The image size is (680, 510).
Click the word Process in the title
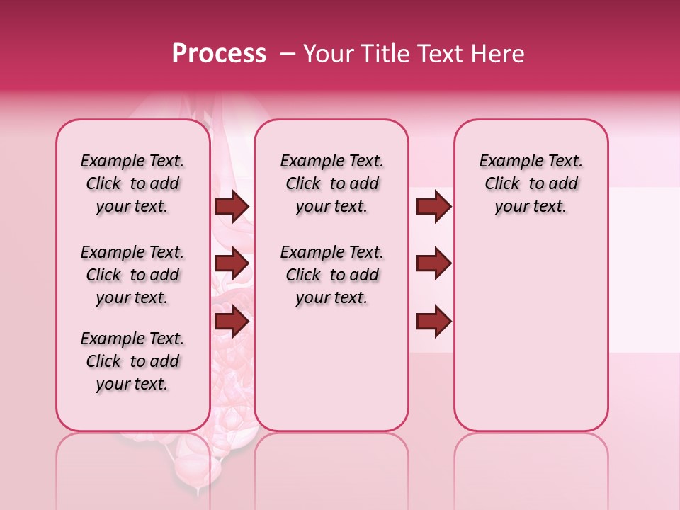(x=219, y=54)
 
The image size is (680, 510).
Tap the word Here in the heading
(x=498, y=54)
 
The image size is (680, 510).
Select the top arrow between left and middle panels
(x=232, y=207)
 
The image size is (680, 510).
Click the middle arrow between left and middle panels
(x=232, y=264)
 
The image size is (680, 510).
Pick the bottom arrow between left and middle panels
(x=232, y=321)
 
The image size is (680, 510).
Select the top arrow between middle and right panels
(x=433, y=207)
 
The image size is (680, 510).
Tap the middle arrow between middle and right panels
(x=433, y=264)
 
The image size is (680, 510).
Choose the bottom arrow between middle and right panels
(x=433, y=321)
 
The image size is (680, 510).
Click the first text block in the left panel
(x=132, y=183)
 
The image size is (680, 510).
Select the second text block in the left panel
(x=132, y=275)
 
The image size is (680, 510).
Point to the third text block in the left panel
(x=132, y=361)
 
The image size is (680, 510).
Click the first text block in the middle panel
(x=331, y=183)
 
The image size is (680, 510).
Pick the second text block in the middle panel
(x=331, y=275)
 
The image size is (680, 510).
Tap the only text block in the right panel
(x=531, y=183)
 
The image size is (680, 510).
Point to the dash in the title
(x=288, y=54)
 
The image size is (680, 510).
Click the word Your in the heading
(x=328, y=54)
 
